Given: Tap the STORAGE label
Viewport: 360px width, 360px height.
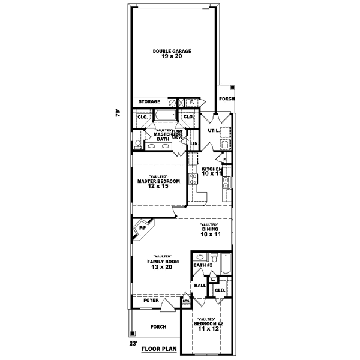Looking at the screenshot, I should coord(150,102).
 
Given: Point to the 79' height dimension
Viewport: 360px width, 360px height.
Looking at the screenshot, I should coord(118,112).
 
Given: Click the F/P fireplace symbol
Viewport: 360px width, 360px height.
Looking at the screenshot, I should coord(143,229).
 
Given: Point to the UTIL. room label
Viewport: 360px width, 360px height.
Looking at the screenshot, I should coord(212,130).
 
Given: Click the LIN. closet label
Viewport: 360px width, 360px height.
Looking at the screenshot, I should coord(194,144).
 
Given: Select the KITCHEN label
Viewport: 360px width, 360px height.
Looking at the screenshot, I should coord(211,169).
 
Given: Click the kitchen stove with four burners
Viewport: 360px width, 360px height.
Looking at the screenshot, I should coord(193,178).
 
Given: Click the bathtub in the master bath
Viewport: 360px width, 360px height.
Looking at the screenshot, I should coord(163,116).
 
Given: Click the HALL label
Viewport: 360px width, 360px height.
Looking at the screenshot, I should coord(200,286).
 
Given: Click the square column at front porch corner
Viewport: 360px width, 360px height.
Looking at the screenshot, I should coord(131,334).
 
